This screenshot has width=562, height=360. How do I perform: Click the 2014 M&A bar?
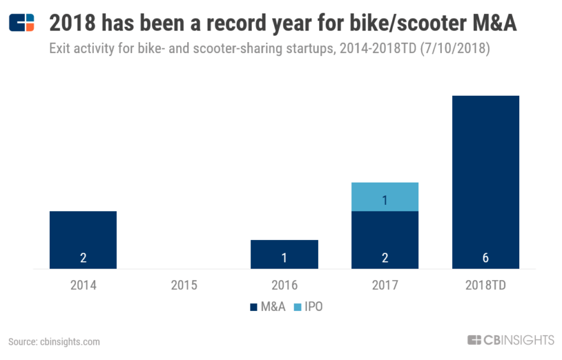pyautogui.click(x=83, y=239)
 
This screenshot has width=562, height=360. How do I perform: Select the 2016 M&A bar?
pyautogui.click(x=284, y=254)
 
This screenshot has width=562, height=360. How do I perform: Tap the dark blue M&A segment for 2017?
pyautogui.click(x=385, y=239)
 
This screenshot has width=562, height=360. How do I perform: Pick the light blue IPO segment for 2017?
pyautogui.click(x=385, y=197)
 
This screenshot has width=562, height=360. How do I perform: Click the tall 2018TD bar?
pyautogui.click(x=485, y=182)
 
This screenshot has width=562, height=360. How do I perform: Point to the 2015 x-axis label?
pyautogui.click(x=184, y=285)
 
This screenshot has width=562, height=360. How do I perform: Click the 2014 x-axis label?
pyautogui.click(x=83, y=285)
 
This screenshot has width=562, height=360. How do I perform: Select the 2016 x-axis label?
pyautogui.click(x=284, y=285)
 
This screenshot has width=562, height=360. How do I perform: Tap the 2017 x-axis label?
pyautogui.click(x=385, y=285)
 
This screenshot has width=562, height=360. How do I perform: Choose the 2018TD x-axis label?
pyautogui.click(x=485, y=285)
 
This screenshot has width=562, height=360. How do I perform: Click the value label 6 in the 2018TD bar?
pyautogui.click(x=485, y=258)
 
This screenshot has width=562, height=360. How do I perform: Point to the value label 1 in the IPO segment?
pyautogui.click(x=385, y=200)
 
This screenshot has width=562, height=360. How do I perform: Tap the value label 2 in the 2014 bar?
pyautogui.click(x=83, y=258)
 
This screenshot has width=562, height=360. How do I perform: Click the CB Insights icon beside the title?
pyautogui.click(x=21, y=23)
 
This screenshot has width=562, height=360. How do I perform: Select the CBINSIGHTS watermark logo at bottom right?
pyautogui.click(x=510, y=340)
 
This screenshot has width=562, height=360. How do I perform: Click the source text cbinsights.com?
pyautogui.click(x=54, y=341)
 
